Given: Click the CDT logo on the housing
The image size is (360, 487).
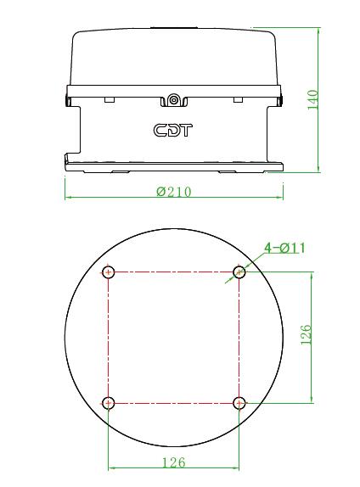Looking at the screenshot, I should (x=173, y=131).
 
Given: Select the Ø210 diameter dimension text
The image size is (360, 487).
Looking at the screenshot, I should (x=174, y=192).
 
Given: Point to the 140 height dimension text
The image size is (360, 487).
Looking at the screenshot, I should (x=313, y=100).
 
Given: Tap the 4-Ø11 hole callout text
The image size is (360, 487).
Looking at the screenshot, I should (x=284, y=248).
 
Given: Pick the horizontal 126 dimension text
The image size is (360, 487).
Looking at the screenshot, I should (x=173, y=462).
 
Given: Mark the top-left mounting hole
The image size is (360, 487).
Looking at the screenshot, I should (x=109, y=272).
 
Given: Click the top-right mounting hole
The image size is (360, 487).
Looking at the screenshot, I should (x=239, y=272).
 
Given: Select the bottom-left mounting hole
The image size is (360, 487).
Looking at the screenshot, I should (x=109, y=402).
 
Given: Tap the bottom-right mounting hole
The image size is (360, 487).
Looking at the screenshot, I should (x=239, y=402).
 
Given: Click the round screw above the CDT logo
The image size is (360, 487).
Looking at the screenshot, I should (x=174, y=101).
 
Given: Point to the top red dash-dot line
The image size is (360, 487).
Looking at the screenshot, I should (x=174, y=272).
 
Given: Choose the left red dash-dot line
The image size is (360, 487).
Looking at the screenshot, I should (x=109, y=338).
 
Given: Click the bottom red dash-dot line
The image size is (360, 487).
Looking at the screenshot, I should (x=174, y=402).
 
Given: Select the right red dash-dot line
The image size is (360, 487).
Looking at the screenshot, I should (x=239, y=338).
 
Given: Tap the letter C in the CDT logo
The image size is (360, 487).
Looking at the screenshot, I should (x=160, y=131).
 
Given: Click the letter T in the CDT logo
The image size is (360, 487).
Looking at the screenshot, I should (x=187, y=131).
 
